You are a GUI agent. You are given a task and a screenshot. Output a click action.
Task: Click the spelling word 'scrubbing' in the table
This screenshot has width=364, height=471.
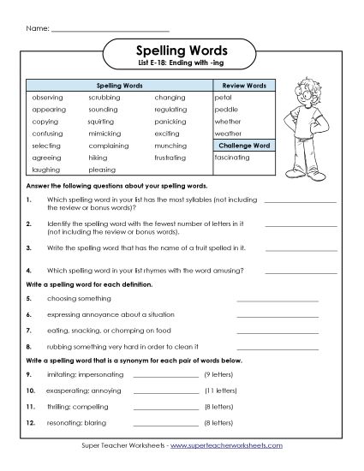(103, 98)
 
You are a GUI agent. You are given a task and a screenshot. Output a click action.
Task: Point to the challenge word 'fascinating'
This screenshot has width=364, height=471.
(232, 158)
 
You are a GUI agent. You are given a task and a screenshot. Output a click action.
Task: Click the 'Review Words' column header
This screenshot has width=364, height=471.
(244, 86)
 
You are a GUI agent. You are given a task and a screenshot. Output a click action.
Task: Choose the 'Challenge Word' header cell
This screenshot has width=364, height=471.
(244, 146)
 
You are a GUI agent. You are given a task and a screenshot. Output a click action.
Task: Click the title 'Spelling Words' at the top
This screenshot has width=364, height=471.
(182, 51)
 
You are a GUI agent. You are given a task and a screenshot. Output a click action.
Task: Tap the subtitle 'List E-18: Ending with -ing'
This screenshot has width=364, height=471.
(182, 65)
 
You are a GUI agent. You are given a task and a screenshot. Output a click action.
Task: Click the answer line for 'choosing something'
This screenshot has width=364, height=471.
(276, 300)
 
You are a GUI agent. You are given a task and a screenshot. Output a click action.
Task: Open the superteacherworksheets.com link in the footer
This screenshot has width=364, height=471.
(239, 446)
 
